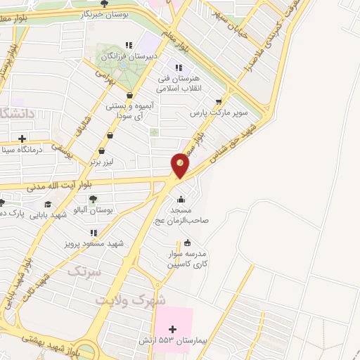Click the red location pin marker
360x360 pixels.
pos(181,164)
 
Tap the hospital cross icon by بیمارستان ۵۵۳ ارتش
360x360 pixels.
pos(173,329)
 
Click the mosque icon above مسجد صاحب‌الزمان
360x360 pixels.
pos(181,199)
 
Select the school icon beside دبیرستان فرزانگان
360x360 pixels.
pos(128,46)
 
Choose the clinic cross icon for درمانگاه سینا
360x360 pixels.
pos(22,139)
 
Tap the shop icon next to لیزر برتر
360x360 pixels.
pos(102,150)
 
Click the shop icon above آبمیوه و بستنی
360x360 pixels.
pos(129,96)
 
